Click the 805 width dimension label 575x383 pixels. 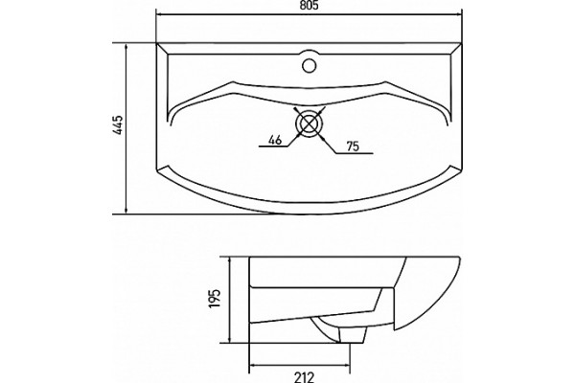click(309, 5)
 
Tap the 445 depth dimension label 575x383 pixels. click(118, 125)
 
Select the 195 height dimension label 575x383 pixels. click(215, 298)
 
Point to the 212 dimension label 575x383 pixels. click(305, 377)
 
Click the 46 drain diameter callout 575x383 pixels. click(275, 139)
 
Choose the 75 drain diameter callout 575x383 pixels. click(353, 146)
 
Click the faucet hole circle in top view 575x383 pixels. click(310, 65)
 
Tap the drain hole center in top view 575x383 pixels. click(310, 124)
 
